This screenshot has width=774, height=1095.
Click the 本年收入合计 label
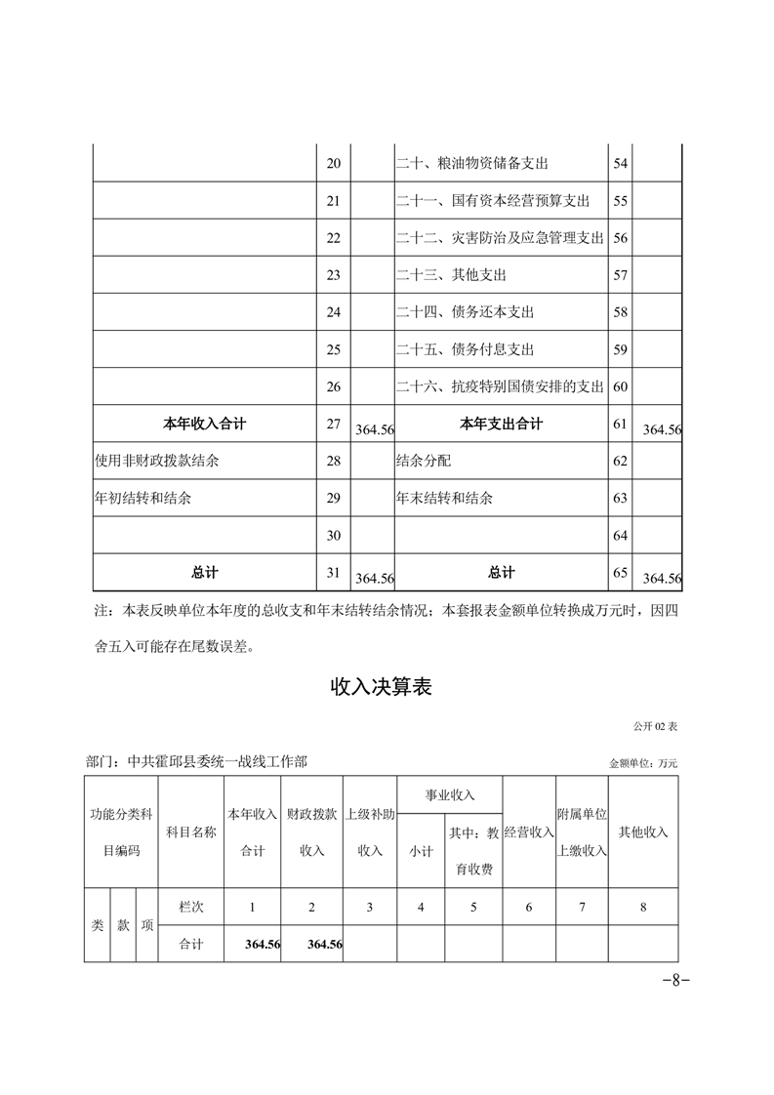coord(204,424)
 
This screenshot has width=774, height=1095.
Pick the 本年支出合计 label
coord(501,424)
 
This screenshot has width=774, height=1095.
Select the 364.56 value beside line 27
coord(375,429)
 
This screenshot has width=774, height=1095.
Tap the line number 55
coord(620,201)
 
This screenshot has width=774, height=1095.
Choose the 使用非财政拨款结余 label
coord(156,461)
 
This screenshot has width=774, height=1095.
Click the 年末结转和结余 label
coord(444,498)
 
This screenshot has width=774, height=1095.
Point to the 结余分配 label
coord(424,461)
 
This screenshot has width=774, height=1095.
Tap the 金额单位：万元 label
coord(642,762)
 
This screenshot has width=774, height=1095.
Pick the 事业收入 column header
coord(449,796)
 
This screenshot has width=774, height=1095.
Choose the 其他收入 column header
coord(643,832)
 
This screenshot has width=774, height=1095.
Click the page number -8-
coord(675,981)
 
